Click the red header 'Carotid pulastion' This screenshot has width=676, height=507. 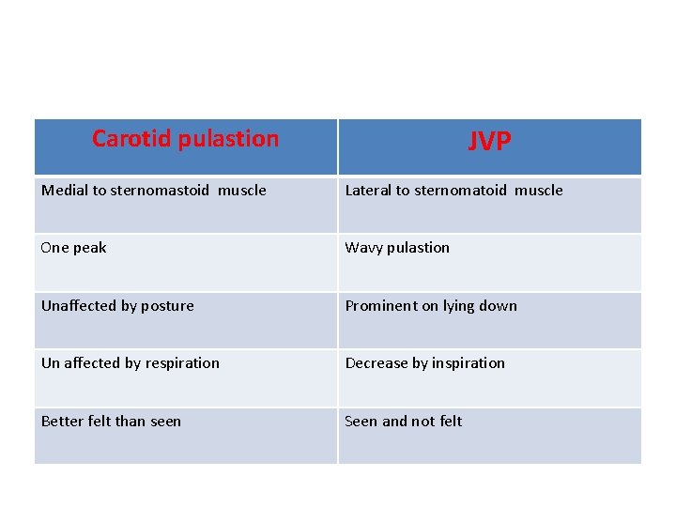pyautogui.click(x=185, y=139)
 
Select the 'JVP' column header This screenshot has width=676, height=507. pyautogui.click(x=489, y=142)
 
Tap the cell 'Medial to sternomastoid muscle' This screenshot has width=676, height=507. pyautogui.click(x=154, y=191)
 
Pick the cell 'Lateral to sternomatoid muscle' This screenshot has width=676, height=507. pyautogui.click(x=453, y=191)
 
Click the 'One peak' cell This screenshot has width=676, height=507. pyautogui.click(x=74, y=248)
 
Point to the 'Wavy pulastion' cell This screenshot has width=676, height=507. pyautogui.click(x=397, y=248)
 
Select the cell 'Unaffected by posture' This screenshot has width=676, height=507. pyautogui.click(x=117, y=306)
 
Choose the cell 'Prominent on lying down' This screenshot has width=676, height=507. pyautogui.click(x=431, y=306)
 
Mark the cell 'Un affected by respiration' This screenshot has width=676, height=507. pyautogui.click(x=131, y=363)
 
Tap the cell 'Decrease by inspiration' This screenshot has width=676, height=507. pyautogui.click(x=424, y=363)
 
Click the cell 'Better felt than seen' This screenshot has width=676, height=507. pyautogui.click(x=111, y=422)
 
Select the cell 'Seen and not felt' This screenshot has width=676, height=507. pyautogui.click(x=404, y=422)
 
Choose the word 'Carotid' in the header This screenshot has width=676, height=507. pyautogui.click(x=131, y=139)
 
